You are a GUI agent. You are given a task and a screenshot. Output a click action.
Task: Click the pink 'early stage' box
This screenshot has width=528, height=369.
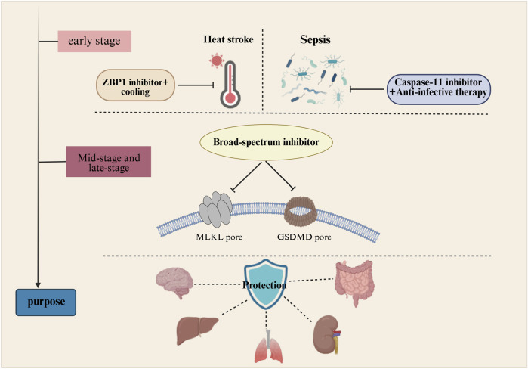coord(94,41)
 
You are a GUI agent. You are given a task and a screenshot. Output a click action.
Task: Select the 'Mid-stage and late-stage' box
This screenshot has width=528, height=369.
coord(109,161)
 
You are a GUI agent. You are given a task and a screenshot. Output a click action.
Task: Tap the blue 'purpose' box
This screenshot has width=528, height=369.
coord(46,302)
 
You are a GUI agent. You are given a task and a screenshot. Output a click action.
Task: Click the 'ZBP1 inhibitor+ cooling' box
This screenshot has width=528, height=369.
coord(135,85)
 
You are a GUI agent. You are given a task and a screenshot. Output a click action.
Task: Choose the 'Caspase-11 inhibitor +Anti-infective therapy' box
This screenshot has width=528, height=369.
coord(438,89)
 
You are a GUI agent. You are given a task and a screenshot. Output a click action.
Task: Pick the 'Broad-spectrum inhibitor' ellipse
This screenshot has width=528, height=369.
coord(266,142)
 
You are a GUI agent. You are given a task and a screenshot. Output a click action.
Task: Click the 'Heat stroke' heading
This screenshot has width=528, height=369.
coord(228,39)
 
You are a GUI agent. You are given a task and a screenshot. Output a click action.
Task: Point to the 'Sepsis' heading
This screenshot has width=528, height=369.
coord(315,40)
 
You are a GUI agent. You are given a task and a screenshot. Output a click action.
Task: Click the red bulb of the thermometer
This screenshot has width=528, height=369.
coord(230,98)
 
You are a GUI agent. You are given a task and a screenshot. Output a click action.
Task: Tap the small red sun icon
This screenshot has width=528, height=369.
coord(217,60)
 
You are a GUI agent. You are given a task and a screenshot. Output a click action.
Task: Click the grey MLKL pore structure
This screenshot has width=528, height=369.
coord(215,209)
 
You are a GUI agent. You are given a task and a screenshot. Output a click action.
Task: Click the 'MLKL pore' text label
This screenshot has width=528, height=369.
coord(219,237)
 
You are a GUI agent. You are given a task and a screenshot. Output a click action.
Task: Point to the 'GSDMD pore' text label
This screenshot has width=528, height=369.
coord(304,237)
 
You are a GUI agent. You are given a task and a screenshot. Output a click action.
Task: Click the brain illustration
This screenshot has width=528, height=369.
coord(174,282)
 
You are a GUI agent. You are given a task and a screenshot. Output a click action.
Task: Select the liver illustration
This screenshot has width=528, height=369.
coord(197,330)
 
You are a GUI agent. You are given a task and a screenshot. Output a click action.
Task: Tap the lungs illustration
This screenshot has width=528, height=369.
coord(268,347)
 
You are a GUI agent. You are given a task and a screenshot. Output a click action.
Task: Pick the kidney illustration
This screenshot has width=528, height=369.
coord(326,334)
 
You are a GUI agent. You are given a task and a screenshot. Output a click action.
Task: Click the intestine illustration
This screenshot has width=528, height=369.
coord(354,282)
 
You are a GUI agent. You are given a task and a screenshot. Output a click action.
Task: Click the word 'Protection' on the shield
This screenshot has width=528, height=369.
coord(264,285)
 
